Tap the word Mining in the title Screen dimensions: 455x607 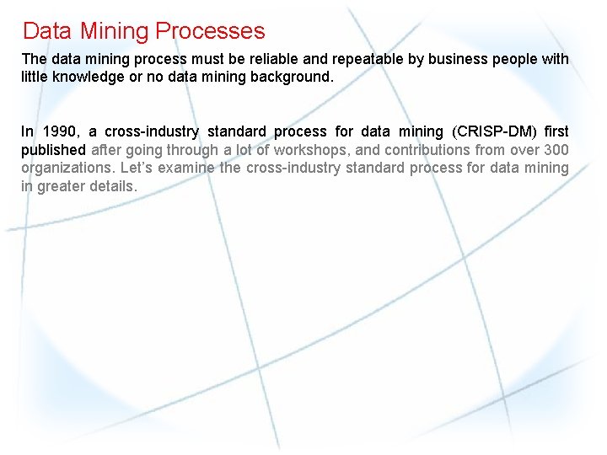pos(115,31)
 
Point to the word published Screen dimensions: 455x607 pos(53,149)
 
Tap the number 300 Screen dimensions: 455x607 pos(556,149)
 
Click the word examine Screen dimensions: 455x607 pos(187,168)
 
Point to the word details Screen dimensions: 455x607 pos(114,185)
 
